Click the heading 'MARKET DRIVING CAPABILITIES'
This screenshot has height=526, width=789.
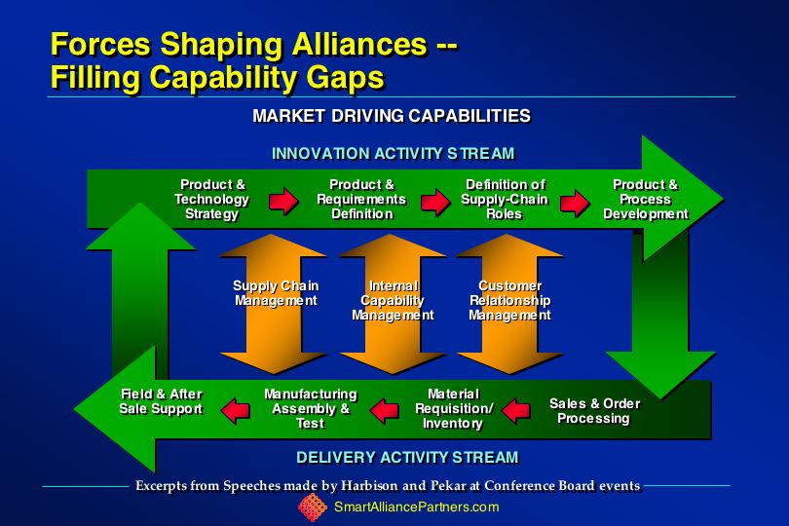(x=392, y=116)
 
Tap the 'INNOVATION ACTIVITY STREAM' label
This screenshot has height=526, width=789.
(x=393, y=154)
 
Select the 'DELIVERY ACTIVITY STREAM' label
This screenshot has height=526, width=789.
(x=407, y=457)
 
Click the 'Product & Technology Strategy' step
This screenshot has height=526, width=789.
(x=211, y=200)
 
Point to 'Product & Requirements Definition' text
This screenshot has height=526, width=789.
(x=361, y=200)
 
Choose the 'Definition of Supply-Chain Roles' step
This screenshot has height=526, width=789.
(x=505, y=200)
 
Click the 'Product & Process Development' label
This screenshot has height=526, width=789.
(x=646, y=200)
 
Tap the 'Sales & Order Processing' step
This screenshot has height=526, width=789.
(x=594, y=411)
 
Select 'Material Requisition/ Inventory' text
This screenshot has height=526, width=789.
(x=454, y=409)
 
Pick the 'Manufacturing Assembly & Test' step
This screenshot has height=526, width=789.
(x=311, y=409)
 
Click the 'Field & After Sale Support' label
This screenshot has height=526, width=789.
(x=162, y=401)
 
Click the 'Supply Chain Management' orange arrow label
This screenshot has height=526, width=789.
(x=276, y=293)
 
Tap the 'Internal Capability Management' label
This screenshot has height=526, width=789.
(x=393, y=300)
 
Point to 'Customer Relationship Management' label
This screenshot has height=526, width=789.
(x=509, y=300)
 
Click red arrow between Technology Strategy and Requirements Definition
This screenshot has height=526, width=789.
(x=283, y=202)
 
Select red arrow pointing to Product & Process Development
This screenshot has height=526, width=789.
(x=575, y=203)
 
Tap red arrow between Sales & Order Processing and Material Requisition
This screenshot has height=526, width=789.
(x=516, y=411)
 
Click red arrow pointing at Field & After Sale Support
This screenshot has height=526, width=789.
(x=236, y=409)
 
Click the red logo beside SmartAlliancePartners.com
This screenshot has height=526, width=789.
(x=313, y=507)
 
